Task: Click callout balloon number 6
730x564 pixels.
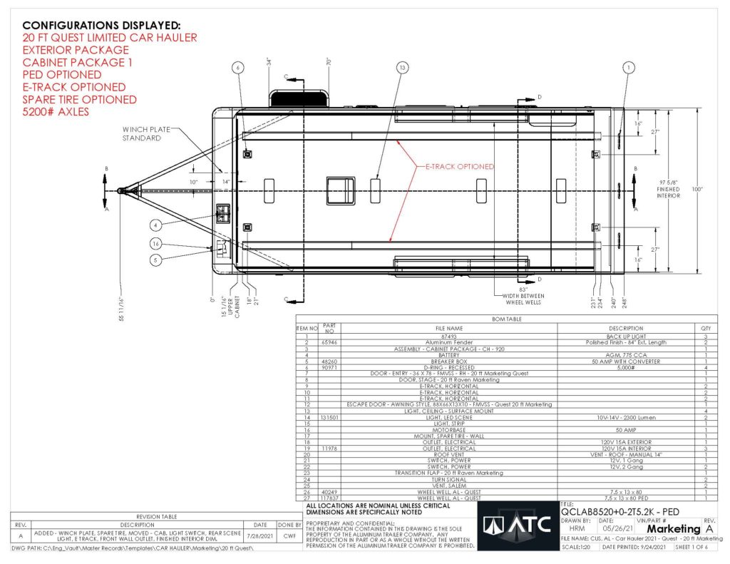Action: click(239, 68)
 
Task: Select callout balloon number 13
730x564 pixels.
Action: click(403, 68)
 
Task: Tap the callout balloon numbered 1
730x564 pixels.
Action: click(628, 68)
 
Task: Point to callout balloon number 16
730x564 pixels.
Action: click(155, 244)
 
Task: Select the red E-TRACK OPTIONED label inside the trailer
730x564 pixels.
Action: click(455, 166)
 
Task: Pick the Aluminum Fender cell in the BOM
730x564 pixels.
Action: click(435, 342)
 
